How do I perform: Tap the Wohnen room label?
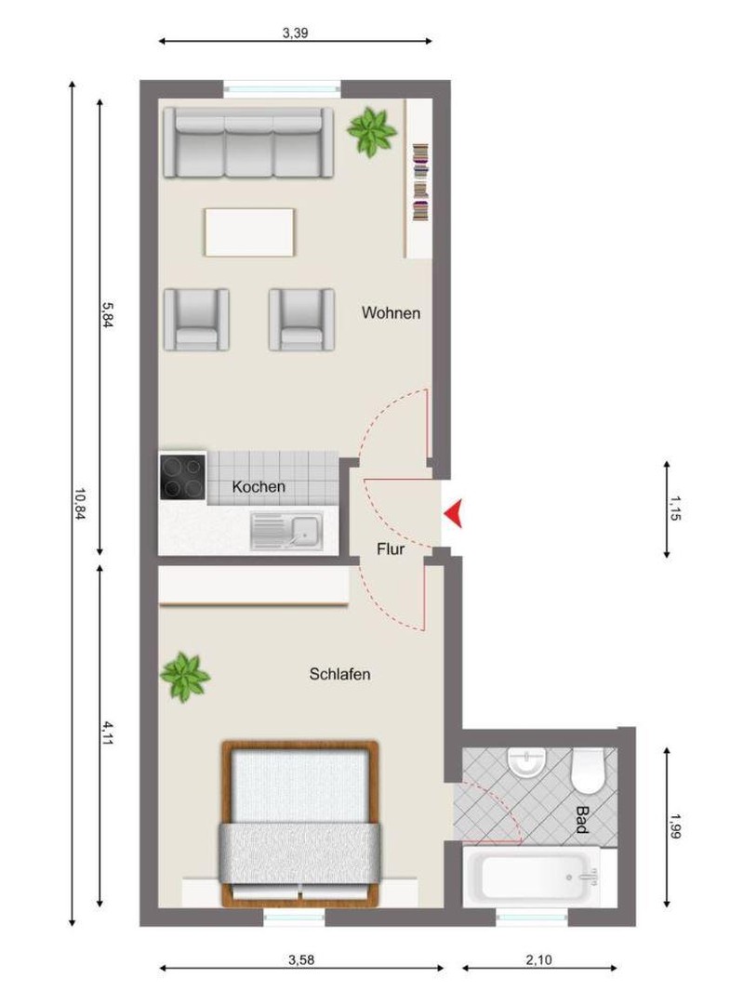(x=391, y=313)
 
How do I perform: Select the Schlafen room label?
(x=339, y=674)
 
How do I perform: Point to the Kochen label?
(x=259, y=486)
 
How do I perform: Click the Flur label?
(x=390, y=549)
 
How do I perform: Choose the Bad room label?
(x=581, y=820)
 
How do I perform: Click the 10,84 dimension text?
(x=79, y=504)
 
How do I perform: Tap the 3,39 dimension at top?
(x=295, y=33)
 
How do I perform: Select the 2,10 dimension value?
(x=538, y=959)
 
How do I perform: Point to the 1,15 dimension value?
(x=673, y=509)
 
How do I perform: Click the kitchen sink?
(x=286, y=532)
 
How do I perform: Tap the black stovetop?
(x=183, y=476)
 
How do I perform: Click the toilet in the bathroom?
(x=588, y=771)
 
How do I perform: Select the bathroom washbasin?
(x=527, y=762)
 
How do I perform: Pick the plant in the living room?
(x=371, y=131)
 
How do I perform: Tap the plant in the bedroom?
(x=185, y=678)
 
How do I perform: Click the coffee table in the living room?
(x=250, y=232)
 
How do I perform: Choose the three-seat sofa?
(x=248, y=142)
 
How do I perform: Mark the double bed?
(x=300, y=824)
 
